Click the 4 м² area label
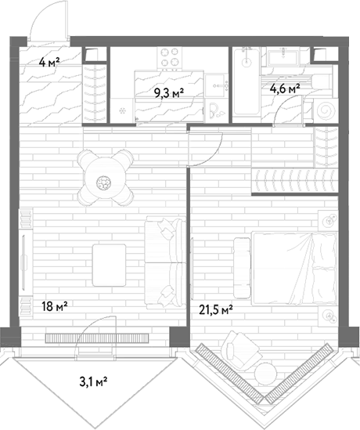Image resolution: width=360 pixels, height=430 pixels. [x=49, y=63]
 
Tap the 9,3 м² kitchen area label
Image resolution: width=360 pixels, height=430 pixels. [x=169, y=93]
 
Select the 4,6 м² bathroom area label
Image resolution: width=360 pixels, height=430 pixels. [x=285, y=89]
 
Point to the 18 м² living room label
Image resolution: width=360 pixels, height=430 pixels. [x=55, y=305]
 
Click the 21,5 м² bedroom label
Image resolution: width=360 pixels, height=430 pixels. [x=216, y=311]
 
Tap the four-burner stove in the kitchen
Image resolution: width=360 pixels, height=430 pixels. [x=169, y=57]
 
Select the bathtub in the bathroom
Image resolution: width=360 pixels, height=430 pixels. [x=247, y=85]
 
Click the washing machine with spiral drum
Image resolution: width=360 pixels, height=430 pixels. [x=326, y=110]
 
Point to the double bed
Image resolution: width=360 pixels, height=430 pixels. [x=294, y=268]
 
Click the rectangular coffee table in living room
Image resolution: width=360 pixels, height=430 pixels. [x=110, y=266]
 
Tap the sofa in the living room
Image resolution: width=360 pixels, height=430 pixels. [x=164, y=262]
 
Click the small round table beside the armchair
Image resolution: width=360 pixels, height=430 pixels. [x=265, y=373]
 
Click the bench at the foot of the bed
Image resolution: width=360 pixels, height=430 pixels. [x=242, y=268]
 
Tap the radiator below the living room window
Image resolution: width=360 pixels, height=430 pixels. [x=97, y=338]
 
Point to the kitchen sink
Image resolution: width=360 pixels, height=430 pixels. [x=217, y=86]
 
